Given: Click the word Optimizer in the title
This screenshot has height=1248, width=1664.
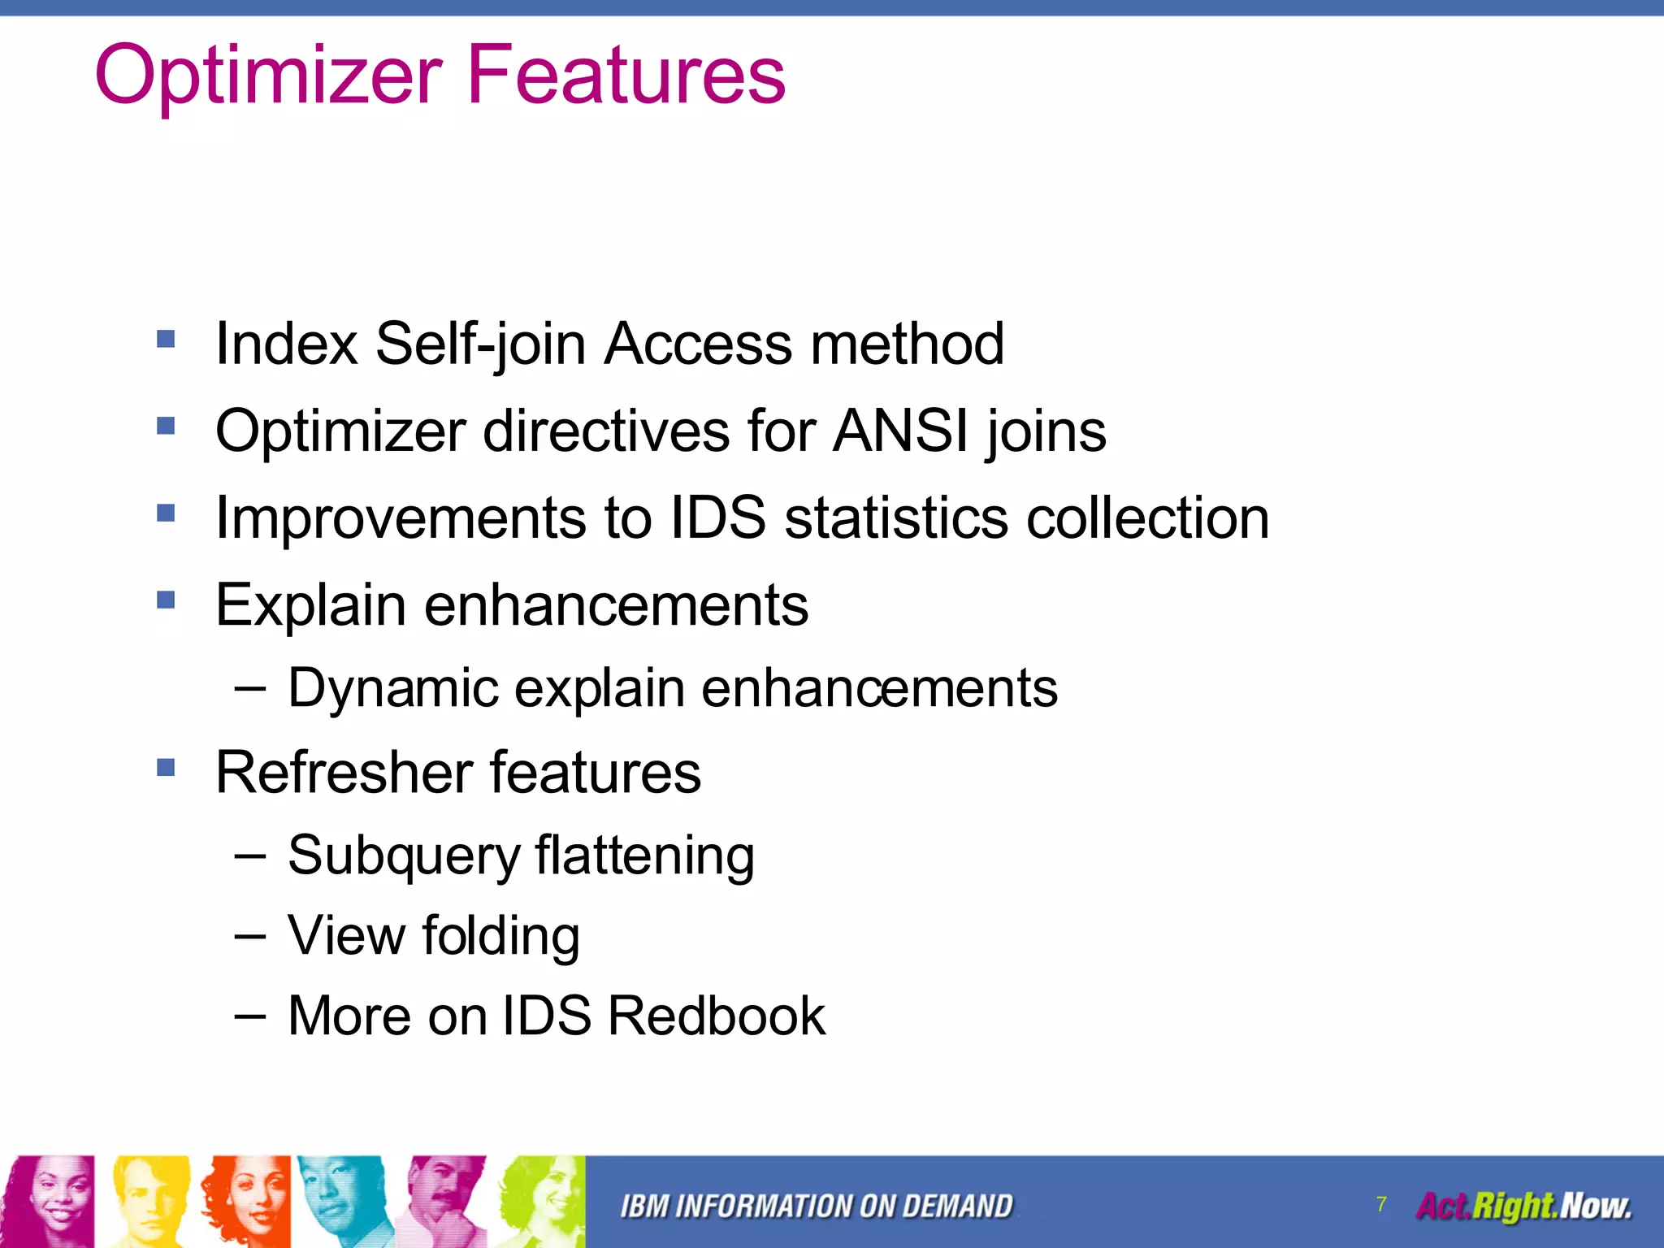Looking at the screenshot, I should tap(268, 75).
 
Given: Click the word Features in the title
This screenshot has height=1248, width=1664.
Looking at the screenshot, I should tap(626, 75).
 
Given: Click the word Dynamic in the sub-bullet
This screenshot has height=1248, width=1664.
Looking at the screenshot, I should tap(392, 688).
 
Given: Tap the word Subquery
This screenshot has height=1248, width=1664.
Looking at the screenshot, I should tap(403, 856).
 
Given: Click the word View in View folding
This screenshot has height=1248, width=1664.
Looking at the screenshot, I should tap(346, 935).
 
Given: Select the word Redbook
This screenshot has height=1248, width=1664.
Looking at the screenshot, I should tap(716, 1016).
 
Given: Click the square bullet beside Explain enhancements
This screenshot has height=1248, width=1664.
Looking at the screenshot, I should tap(166, 600).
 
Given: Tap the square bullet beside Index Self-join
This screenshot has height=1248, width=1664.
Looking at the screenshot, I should tap(166, 338).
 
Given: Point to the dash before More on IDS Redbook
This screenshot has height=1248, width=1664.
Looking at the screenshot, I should tap(249, 1016).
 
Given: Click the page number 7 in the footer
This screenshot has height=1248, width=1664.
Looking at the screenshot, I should tap(1381, 1203).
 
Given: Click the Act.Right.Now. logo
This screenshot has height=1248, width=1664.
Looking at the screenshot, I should tap(1523, 1206).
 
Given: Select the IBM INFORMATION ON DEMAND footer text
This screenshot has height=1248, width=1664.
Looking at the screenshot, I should tap(816, 1207).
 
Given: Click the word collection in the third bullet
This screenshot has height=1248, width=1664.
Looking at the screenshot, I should tap(1147, 518).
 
